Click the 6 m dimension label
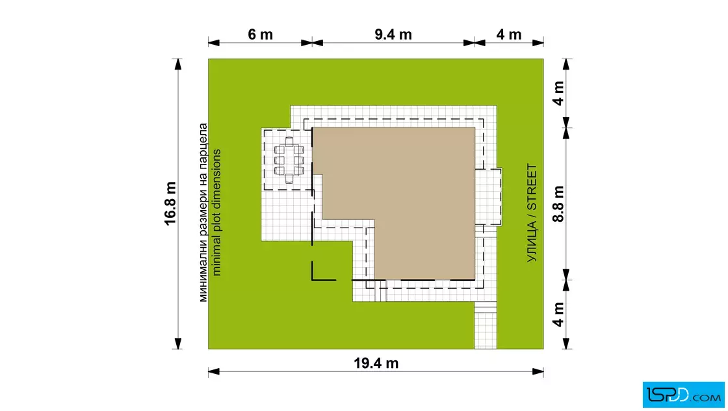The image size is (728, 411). click(x=260, y=34)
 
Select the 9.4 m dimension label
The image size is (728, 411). click(x=393, y=34)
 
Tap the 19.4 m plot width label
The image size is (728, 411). click(x=376, y=363)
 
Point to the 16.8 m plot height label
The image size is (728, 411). click(x=170, y=204)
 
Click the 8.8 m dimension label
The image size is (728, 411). click(x=558, y=204)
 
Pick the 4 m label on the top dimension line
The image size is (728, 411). click(x=509, y=34)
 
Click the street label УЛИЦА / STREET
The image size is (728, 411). click(x=532, y=213)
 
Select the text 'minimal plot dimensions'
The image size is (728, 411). click(x=216, y=213)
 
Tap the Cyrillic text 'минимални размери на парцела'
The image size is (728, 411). click(x=203, y=213)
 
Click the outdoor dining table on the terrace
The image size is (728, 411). click(x=289, y=160)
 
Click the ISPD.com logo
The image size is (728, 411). click(x=683, y=395)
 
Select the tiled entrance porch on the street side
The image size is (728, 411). click(x=488, y=197)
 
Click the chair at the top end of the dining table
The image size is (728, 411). click(x=289, y=140)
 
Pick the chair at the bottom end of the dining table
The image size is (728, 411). click(x=289, y=179)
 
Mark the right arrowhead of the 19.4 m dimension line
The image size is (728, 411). click(x=538, y=371)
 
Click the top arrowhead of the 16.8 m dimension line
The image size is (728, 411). click(x=178, y=64)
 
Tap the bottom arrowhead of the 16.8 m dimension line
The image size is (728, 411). click(x=178, y=343)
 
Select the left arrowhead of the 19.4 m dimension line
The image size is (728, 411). click(x=214, y=371)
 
